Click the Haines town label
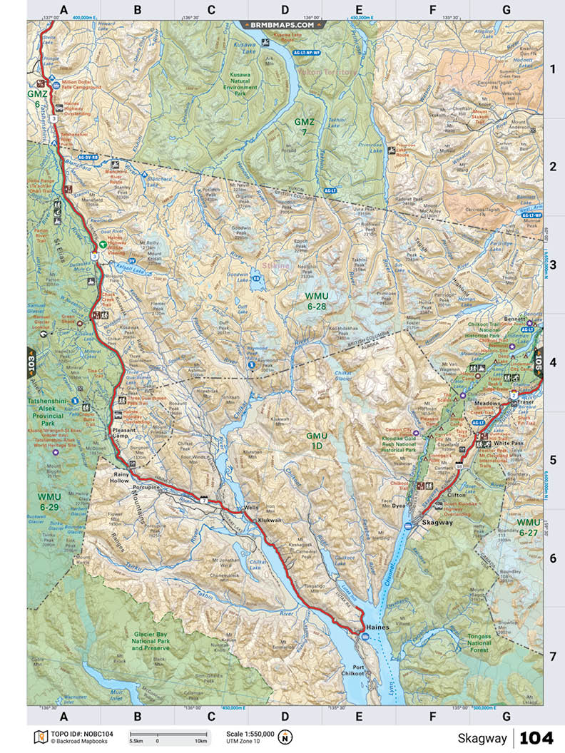[x=376, y=627]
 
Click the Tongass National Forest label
[x=479, y=640]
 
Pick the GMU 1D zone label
[x=317, y=440]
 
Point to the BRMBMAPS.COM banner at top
[x=282, y=24]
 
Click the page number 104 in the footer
[x=536, y=737]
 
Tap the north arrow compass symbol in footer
[x=285, y=737]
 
